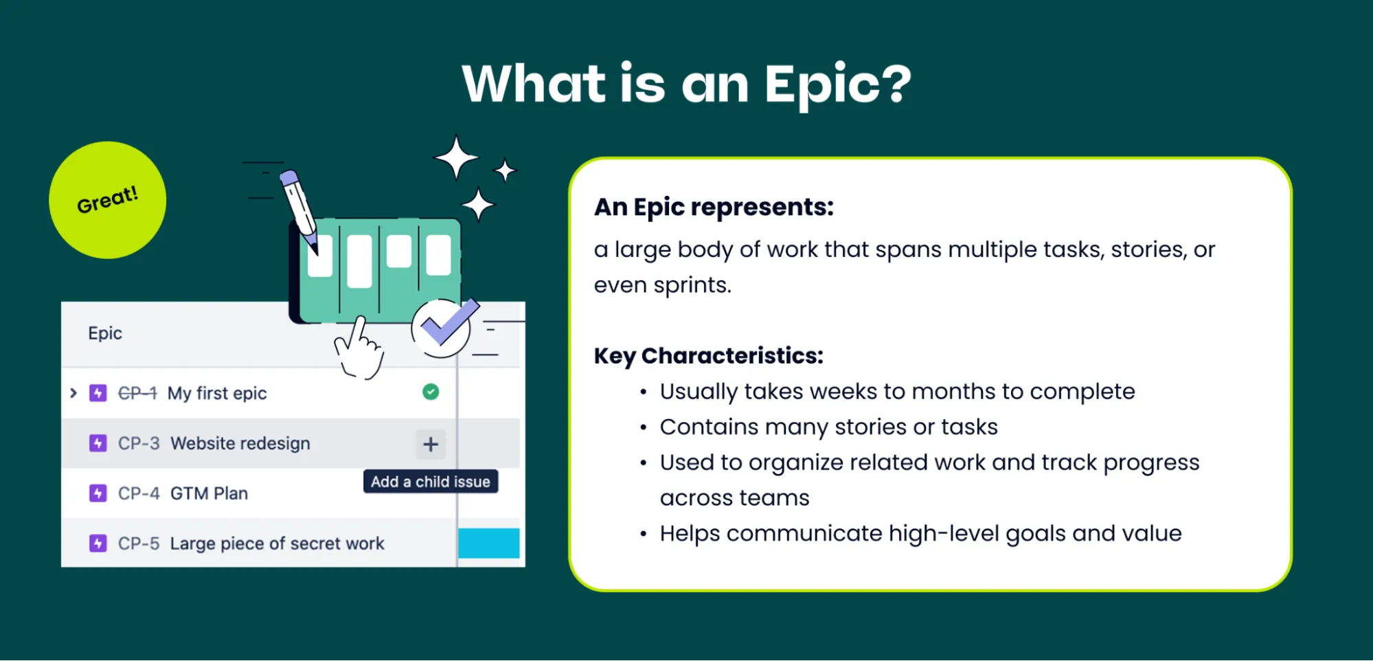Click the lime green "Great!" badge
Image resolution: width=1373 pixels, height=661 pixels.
(x=107, y=200)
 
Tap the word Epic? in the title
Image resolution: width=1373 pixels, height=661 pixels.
(x=838, y=85)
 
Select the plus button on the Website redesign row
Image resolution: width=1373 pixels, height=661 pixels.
(x=431, y=444)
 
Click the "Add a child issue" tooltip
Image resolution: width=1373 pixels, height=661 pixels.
(x=431, y=482)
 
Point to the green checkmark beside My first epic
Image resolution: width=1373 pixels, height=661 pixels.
(x=431, y=392)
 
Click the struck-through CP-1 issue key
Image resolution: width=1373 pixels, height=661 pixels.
(x=137, y=393)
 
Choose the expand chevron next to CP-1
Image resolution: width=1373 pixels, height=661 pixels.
(x=73, y=393)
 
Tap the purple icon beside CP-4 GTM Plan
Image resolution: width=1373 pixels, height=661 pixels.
(x=98, y=493)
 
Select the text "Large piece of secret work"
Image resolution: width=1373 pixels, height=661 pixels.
(x=277, y=544)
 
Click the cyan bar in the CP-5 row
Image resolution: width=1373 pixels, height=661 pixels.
(x=488, y=543)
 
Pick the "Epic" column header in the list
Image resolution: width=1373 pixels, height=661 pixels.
(x=105, y=333)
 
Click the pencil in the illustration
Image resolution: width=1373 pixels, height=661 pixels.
(x=299, y=210)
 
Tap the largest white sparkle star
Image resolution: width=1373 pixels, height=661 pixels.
(x=455, y=157)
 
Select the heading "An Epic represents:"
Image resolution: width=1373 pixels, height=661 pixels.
(x=714, y=207)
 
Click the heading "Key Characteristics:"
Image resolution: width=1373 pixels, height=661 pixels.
(x=708, y=356)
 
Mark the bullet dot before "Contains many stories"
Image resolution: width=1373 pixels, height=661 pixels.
(x=643, y=428)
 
